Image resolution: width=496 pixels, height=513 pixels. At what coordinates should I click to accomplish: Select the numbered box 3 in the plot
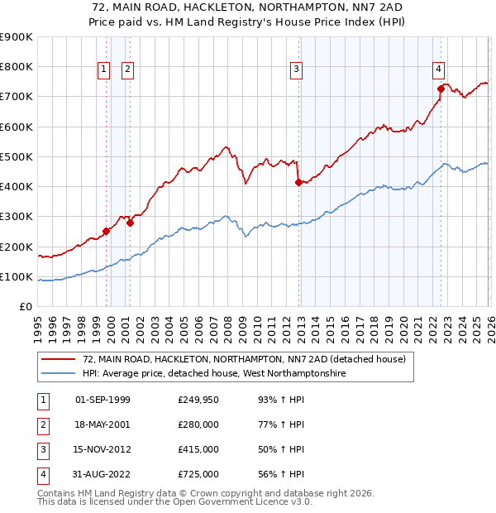[296, 70]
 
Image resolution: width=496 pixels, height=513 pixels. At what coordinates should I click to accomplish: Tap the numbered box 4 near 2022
[438, 70]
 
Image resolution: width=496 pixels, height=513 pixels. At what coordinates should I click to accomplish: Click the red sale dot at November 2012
[298, 183]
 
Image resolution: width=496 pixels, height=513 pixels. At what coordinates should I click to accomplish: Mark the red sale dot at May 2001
[130, 223]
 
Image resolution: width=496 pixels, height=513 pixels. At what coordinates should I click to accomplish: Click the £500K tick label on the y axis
[16, 156]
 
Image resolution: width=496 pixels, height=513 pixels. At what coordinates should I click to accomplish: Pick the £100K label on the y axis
[16, 276]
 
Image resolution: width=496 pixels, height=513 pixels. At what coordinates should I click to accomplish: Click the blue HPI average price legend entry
[213, 374]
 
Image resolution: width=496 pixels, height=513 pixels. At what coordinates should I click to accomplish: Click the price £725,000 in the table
[198, 474]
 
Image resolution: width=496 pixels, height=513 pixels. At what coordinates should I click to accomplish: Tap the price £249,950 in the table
[198, 400]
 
